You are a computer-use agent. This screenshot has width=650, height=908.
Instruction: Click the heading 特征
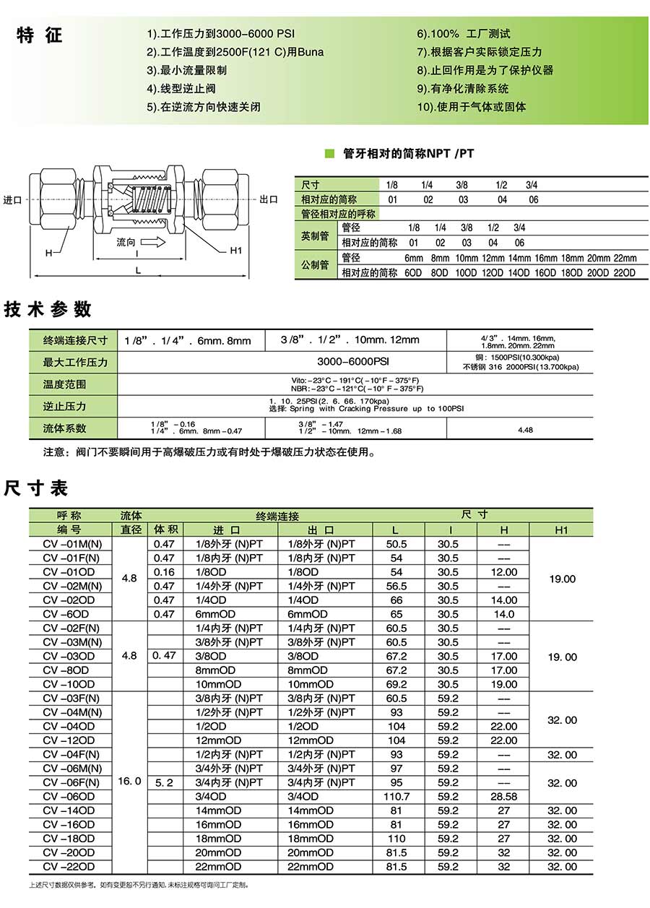tap(40, 35)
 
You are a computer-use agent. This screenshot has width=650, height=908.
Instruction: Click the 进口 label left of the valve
tap(14, 199)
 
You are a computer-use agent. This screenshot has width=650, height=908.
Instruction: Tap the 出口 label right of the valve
tap(269, 199)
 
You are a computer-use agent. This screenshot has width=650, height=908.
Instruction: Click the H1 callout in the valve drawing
tap(235, 251)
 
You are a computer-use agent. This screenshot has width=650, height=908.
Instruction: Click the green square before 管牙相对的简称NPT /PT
tap(329, 153)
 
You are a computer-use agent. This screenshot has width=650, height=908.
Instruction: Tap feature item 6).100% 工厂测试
tap(463, 34)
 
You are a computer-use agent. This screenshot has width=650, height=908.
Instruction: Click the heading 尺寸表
tap(36, 488)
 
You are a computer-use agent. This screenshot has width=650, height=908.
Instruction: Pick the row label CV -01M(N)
tap(71, 544)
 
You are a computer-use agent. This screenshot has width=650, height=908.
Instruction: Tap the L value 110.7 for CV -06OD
tap(397, 797)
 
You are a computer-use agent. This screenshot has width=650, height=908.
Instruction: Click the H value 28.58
tap(503, 797)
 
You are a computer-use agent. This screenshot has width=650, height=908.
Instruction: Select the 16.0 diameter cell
tap(131, 782)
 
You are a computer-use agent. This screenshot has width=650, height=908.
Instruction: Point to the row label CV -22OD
tap(69, 867)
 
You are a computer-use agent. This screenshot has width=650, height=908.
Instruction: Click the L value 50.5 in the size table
tap(397, 544)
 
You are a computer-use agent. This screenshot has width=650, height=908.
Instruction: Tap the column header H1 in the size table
tap(562, 529)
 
